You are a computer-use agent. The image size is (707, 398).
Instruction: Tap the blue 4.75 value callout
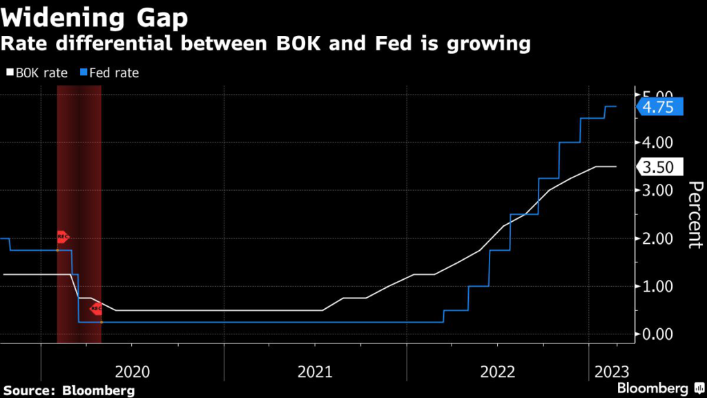point(660,107)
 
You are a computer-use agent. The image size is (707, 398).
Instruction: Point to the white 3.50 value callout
point(660,167)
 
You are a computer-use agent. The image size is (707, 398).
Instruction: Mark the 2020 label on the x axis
point(133,372)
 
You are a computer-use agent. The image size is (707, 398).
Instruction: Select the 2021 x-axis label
point(315,372)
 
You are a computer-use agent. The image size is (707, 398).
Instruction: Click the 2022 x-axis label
point(498,372)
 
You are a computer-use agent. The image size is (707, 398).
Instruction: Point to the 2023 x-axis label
point(610,372)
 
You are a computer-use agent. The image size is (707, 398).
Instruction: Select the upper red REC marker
point(62,237)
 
